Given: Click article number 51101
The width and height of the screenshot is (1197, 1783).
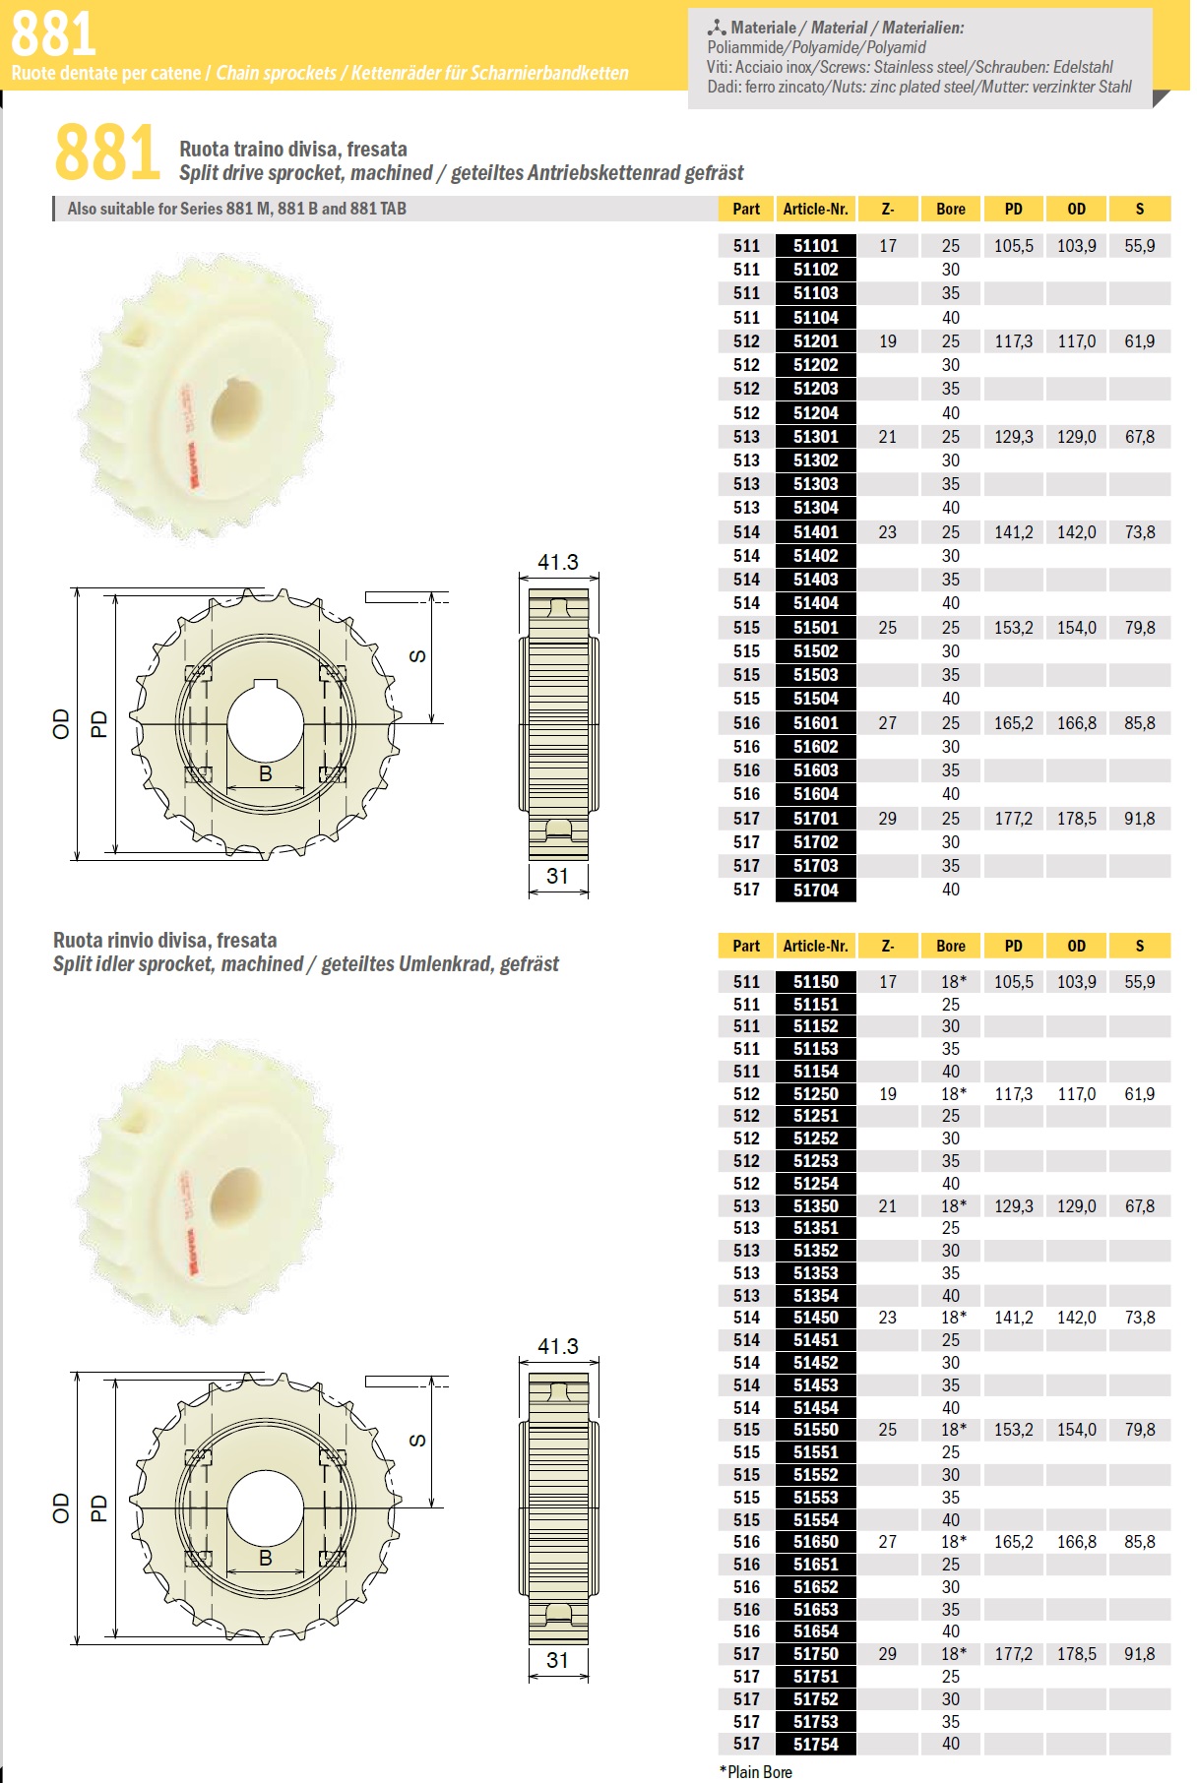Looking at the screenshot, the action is [x=815, y=246].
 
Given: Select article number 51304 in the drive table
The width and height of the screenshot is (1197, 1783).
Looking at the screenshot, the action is [x=815, y=508].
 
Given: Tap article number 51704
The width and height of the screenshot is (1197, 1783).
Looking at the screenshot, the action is [x=815, y=890].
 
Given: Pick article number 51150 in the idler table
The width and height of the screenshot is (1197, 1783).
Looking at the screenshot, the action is [x=815, y=981].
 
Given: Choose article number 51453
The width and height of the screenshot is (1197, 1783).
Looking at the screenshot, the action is [x=815, y=1385].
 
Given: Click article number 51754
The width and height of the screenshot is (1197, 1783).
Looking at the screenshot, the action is [x=815, y=1744].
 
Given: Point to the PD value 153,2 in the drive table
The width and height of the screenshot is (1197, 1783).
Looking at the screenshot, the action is [x=1013, y=628].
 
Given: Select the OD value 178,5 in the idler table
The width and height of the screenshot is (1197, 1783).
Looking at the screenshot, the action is [x=1076, y=1654].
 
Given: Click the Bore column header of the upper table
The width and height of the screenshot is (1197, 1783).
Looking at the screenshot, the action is [x=950, y=209].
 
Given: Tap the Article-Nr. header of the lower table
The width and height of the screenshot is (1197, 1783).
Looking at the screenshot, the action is [x=815, y=946].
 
